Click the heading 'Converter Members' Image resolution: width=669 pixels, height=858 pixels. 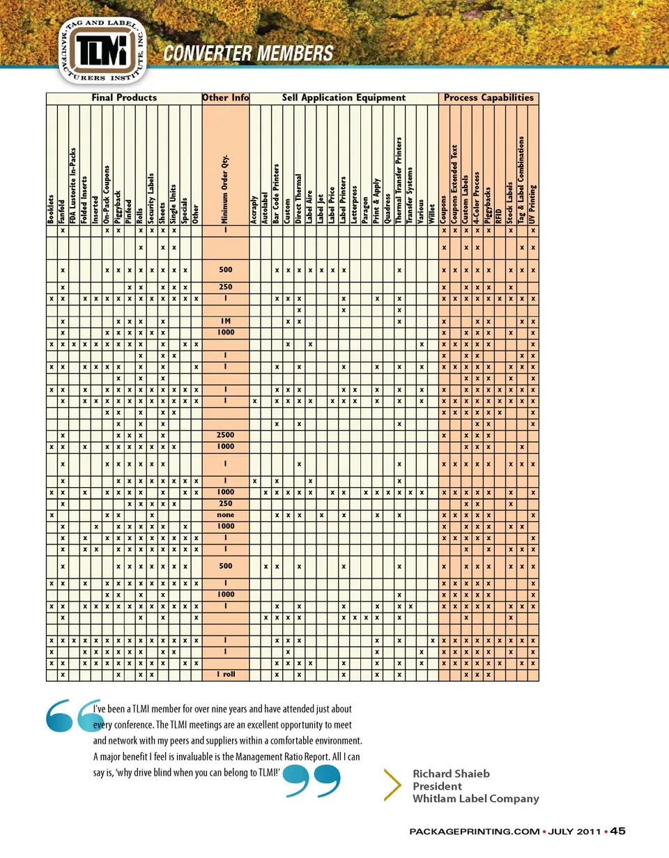pyautogui.click(x=247, y=53)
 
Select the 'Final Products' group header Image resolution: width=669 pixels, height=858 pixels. pyautogui.click(x=124, y=98)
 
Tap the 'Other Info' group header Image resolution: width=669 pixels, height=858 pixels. pyautogui.click(x=225, y=98)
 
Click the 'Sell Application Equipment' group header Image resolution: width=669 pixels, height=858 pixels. pyautogui.click(x=344, y=98)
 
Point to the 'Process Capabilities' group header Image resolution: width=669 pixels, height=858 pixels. pyautogui.click(x=489, y=98)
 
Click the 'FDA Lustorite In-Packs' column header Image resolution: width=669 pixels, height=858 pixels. pyautogui.click(x=73, y=185)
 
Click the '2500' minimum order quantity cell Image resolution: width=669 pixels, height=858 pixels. pyautogui.click(x=225, y=435)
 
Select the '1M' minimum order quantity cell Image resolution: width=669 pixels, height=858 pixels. pyautogui.click(x=225, y=322)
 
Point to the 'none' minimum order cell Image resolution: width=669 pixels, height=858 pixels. pyautogui.click(x=225, y=515)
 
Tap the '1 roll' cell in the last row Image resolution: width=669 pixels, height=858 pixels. pyautogui.click(x=225, y=675)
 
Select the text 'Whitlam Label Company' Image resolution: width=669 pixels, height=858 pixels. pyautogui.click(x=475, y=799)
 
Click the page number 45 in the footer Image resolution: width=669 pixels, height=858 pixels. pyautogui.click(x=618, y=831)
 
